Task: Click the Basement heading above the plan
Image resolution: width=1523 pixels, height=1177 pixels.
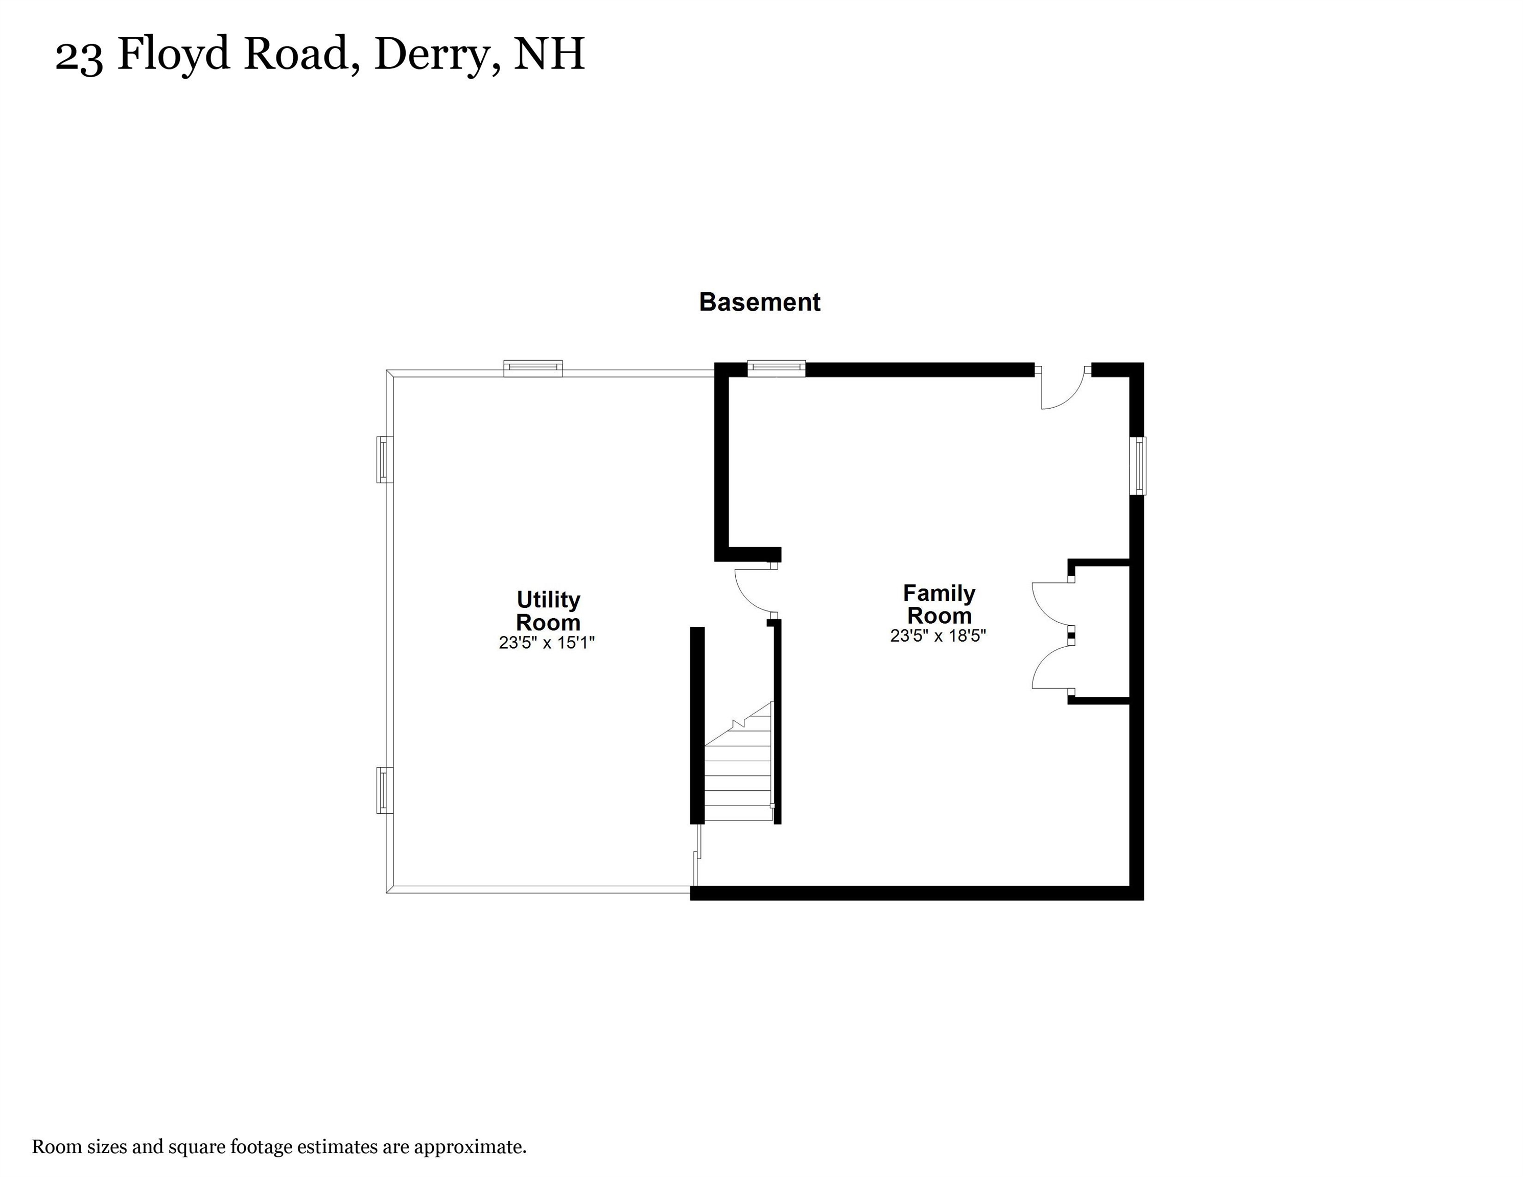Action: pos(759,302)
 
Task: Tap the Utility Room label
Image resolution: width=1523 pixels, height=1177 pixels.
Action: pos(548,611)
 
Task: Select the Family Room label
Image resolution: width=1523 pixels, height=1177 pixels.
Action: pos(939,604)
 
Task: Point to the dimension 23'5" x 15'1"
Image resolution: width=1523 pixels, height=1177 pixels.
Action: pos(546,643)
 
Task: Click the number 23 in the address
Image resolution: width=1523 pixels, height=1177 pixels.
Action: pos(79,56)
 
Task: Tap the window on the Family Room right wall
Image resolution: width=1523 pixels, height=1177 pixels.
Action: pos(1138,466)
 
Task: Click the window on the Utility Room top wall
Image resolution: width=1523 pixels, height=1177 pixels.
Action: pos(533,368)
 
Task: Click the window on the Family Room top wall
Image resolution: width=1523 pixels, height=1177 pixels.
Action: pos(776,368)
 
